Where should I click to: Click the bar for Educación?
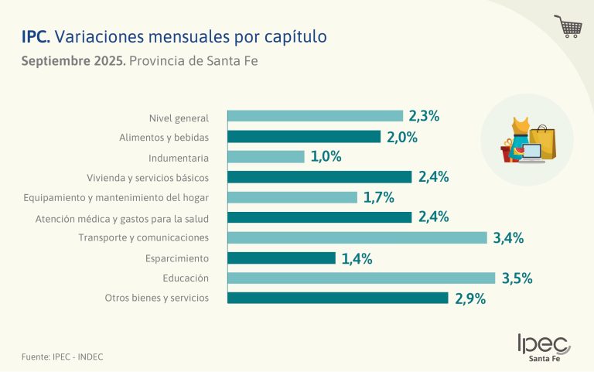pos(361,278)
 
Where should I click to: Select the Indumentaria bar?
pos(266,157)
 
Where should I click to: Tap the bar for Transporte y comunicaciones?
pos(357,237)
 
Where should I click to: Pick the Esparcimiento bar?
pos(282,258)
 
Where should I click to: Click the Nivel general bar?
pos(316,116)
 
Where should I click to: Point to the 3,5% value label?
pos(517,278)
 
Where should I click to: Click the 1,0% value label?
pos(326,157)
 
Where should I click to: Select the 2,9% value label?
pos(470,299)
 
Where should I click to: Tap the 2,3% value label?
pos(425,117)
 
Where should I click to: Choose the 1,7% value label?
pos(379,197)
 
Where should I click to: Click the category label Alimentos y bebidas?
pos(164,138)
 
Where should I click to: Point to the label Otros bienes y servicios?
pos(157,298)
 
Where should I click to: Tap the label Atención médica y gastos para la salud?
pos(122,218)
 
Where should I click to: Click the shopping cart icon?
pos(568,26)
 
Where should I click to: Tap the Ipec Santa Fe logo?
pos(544,347)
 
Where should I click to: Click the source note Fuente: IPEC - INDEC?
pos(62,357)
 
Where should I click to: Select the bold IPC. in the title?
pos(36,36)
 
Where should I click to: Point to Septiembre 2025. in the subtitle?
pos(73,61)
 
